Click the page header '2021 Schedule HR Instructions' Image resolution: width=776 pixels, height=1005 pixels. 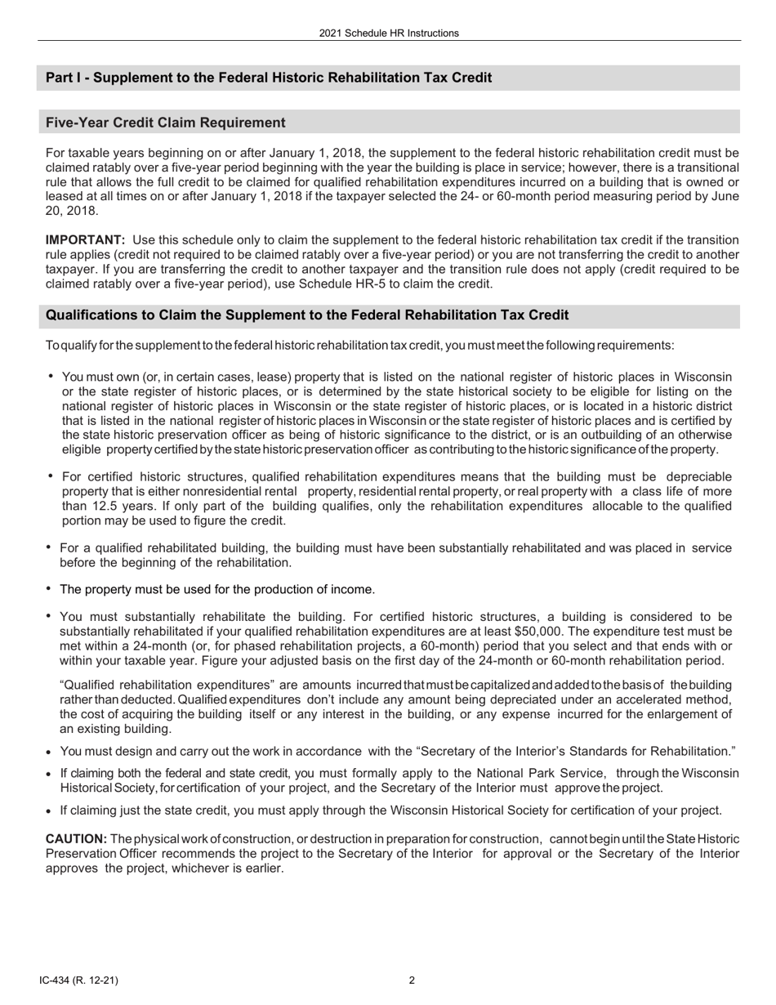tap(389, 33)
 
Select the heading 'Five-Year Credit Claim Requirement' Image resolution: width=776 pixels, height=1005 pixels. tap(166, 123)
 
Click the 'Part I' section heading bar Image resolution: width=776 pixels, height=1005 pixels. tap(269, 78)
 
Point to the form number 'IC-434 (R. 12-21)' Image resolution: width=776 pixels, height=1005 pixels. tap(83, 980)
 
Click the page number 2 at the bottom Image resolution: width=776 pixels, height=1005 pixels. tap(412, 980)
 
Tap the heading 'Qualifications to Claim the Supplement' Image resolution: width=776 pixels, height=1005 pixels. tap(307, 315)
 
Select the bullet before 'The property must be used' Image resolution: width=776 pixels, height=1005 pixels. tap(49, 588)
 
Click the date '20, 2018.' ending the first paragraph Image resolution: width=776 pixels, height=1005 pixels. tap(72, 211)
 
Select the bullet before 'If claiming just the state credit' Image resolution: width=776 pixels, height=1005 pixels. tap(50, 811)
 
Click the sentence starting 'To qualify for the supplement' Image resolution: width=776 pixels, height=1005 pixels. tap(359, 345)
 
